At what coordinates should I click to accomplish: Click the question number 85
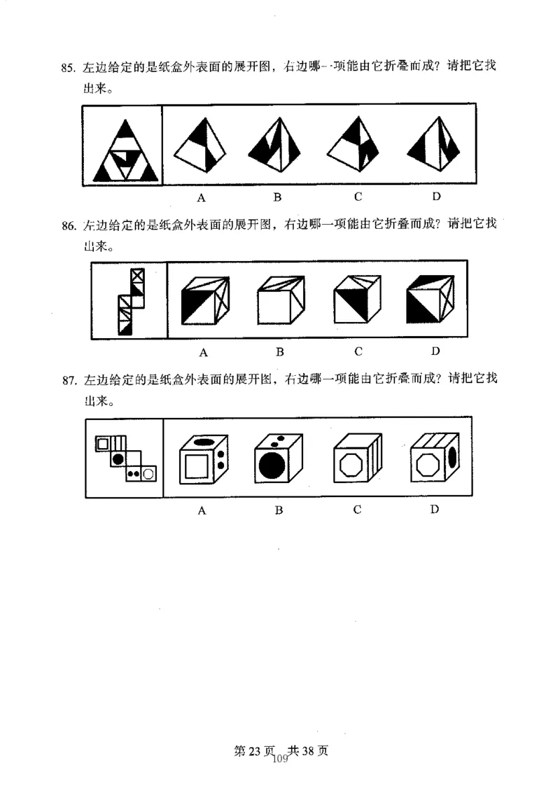tap(68, 68)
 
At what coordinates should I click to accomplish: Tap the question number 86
tap(69, 225)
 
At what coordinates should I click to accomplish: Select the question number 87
tap(69, 380)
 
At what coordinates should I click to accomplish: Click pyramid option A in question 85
tap(200, 145)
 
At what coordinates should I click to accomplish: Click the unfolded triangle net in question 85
tap(125, 150)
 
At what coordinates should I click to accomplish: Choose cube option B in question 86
tap(281, 300)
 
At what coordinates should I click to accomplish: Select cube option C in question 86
tap(357, 299)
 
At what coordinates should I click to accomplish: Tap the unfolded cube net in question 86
tap(131, 302)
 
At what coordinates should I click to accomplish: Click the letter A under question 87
tap(202, 510)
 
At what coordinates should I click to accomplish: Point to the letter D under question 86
tap(435, 351)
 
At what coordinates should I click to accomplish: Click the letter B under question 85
tap(277, 197)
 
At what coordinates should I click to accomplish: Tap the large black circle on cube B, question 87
tap(272, 465)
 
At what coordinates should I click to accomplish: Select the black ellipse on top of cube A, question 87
tap(203, 442)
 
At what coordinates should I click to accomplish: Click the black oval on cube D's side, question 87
tap(452, 457)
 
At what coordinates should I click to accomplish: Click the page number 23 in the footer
tap(254, 750)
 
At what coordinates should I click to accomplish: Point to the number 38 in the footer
tap(308, 750)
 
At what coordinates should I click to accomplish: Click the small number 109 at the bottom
tap(280, 759)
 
